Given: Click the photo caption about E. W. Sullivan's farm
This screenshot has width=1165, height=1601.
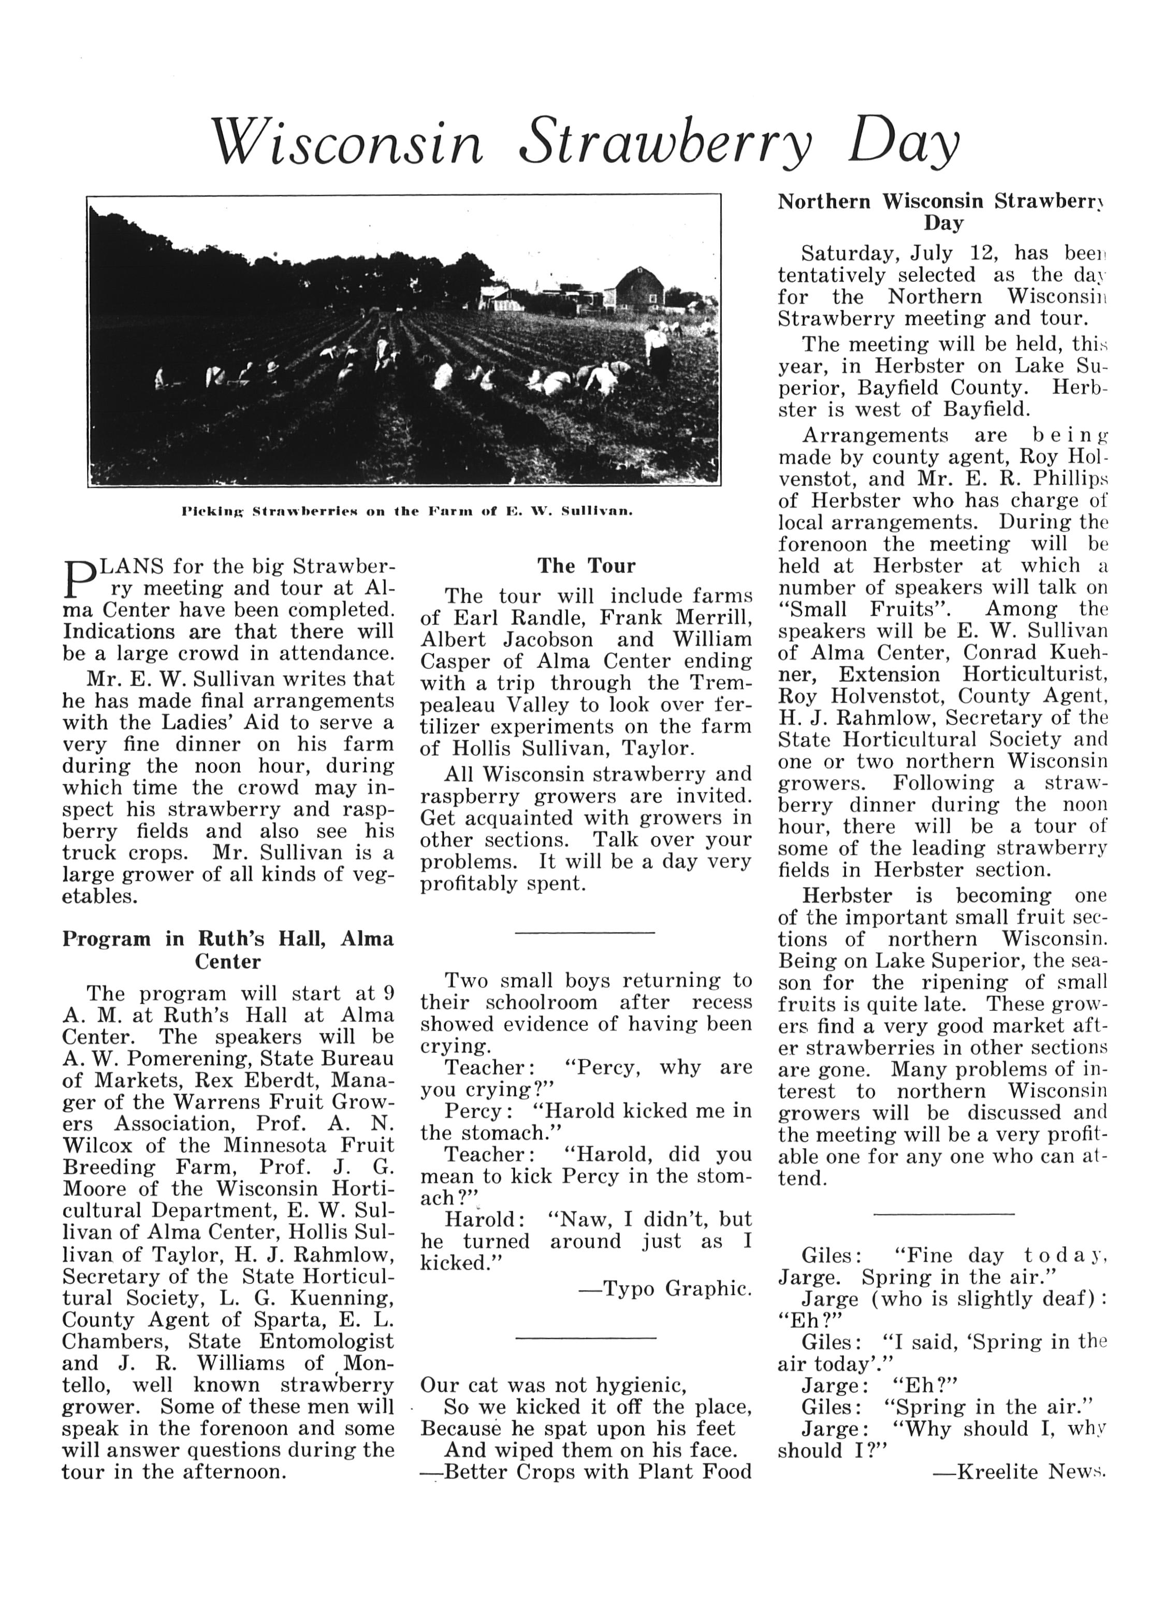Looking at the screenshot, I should pyautogui.click(x=407, y=510).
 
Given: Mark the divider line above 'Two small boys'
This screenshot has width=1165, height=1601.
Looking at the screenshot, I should pyautogui.click(x=585, y=934).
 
